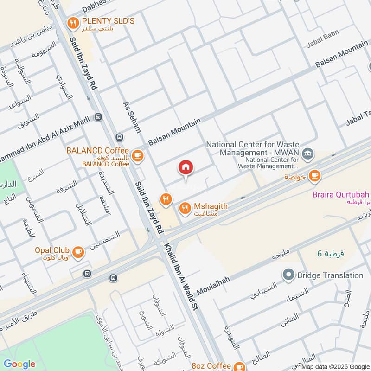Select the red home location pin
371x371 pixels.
(186, 168)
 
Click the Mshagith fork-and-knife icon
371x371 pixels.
(185, 209)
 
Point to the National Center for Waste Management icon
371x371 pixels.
(307, 154)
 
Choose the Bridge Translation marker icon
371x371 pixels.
(289, 275)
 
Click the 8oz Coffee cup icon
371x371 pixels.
(239, 366)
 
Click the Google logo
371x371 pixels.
(19, 364)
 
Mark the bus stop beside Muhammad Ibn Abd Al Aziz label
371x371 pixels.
(98, 117)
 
